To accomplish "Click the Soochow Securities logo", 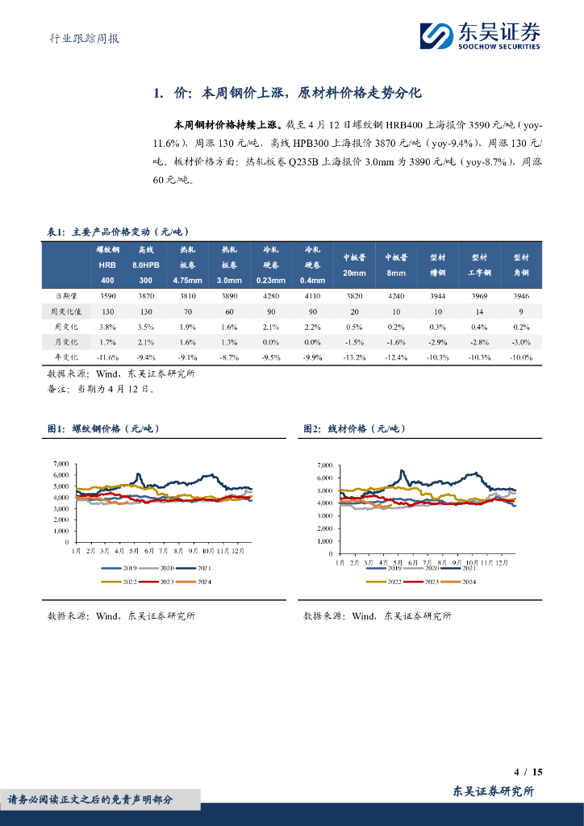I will (x=480, y=35).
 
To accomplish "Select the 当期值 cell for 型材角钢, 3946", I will (x=521, y=297).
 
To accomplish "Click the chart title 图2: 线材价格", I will (x=354, y=429).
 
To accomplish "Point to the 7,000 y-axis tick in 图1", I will (x=60, y=464).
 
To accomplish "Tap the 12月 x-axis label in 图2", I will (x=501, y=560).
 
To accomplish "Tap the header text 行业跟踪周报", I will (x=79, y=38).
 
